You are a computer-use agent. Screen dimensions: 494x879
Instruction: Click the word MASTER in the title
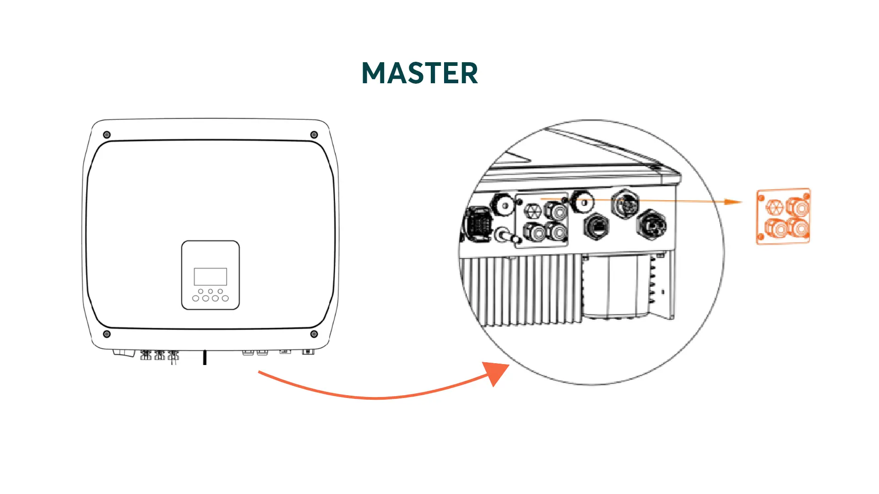pos(420,73)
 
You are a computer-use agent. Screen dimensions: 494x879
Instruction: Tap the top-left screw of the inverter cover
pos(107,134)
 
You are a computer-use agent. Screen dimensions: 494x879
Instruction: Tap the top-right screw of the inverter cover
pos(314,134)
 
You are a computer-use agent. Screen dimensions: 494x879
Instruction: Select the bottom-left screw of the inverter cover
pos(107,334)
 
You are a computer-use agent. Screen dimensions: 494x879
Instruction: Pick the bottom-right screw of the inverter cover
pos(314,334)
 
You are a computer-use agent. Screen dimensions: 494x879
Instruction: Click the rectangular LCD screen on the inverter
pos(211,277)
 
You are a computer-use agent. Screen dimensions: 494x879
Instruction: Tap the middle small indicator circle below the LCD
pos(211,291)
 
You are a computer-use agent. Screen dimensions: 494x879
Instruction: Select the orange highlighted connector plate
pos(783,216)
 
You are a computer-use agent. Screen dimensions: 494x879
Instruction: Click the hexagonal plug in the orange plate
pos(774,207)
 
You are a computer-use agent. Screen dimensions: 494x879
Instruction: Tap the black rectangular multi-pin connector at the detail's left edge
pos(478,224)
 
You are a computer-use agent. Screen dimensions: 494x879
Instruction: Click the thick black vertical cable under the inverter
pos(205,358)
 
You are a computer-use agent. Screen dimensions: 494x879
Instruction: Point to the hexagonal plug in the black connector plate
pos(533,211)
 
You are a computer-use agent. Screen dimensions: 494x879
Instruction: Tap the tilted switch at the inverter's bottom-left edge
pos(124,353)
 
